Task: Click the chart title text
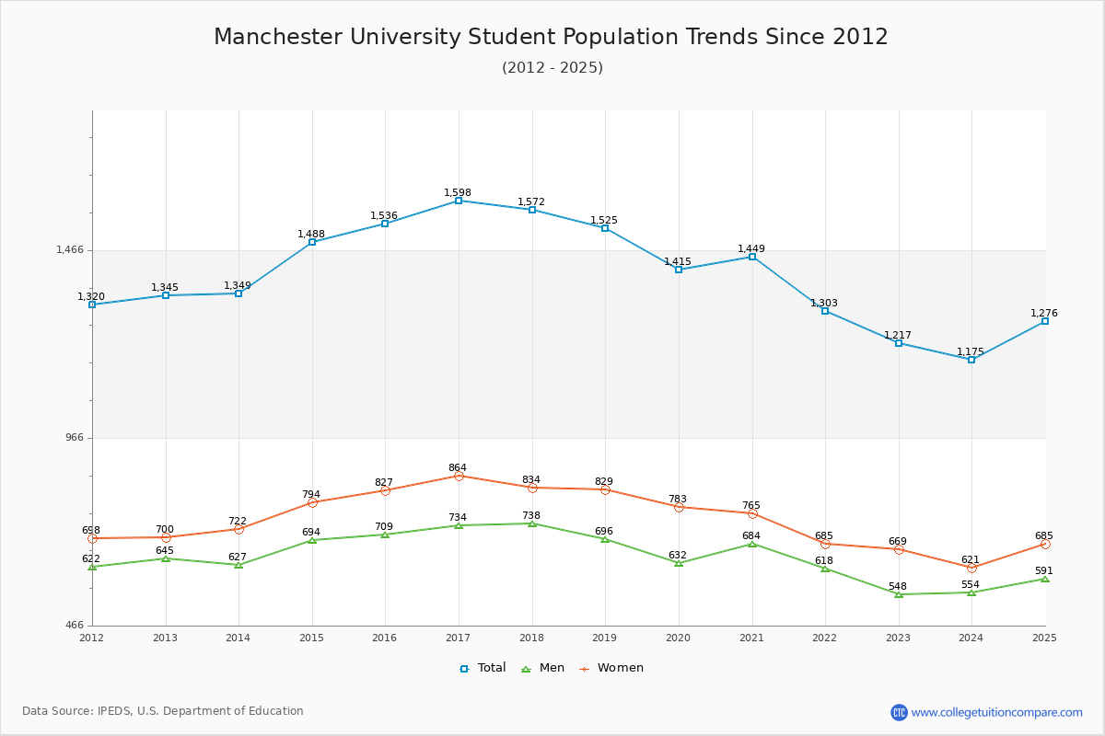point(551,37)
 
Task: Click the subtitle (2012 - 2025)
point(552,68)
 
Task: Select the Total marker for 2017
point(459,201)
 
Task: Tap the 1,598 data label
point(458,193)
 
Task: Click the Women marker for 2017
point(459,476)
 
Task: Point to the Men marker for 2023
point(899,594)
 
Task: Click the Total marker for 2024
point(971,360)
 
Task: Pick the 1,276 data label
point(1044,314)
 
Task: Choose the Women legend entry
point(611,668)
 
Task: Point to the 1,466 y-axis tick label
point(70,250)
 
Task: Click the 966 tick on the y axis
point(74,438)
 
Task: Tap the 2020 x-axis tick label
point(678,638)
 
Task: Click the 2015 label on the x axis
point(311,638)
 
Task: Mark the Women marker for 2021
point(752,513)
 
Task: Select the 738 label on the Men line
point(531,516)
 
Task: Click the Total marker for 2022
point(825,311)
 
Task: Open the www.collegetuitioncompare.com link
point(996,712)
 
